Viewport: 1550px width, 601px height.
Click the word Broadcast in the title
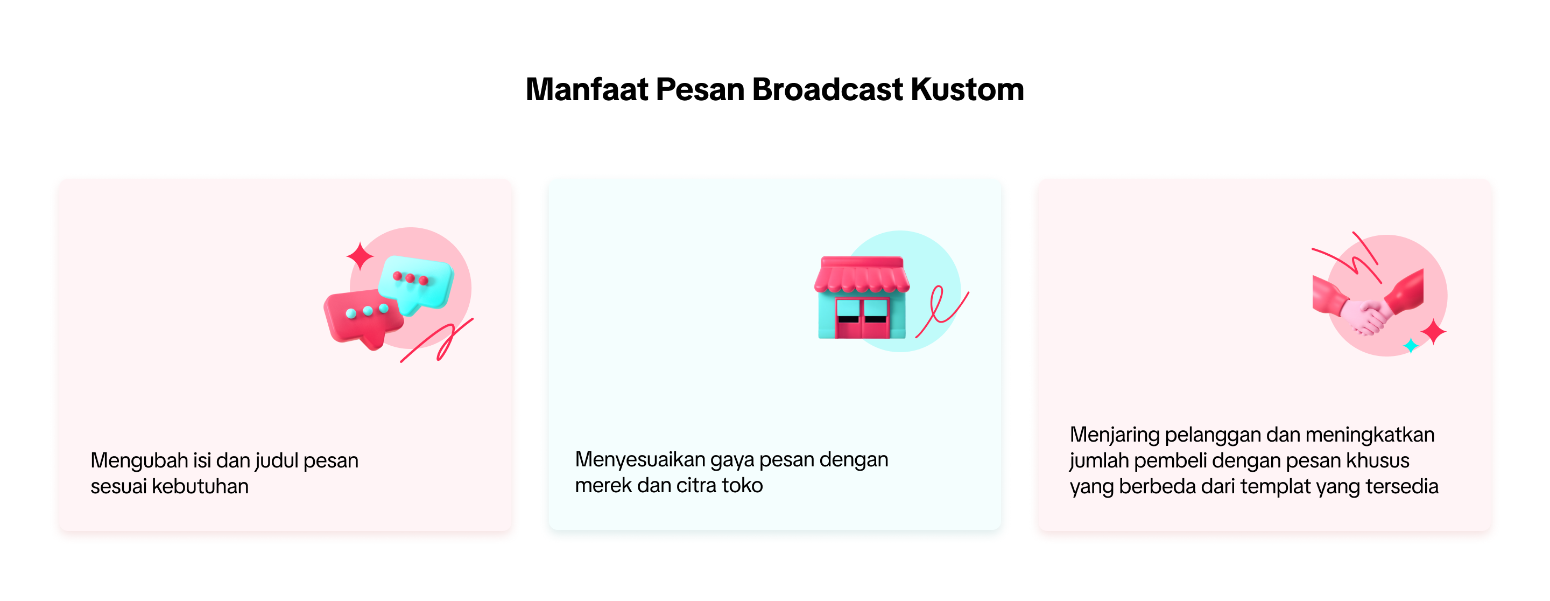coord(827,90)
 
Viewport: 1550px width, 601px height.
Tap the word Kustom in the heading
coord(967,90)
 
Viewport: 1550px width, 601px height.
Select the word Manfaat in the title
coord(587,90)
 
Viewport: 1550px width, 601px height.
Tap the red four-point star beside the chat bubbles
coord(360,256)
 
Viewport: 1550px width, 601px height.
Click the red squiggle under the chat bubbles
coord(438,341)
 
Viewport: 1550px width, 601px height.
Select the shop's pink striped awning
coord(862,275)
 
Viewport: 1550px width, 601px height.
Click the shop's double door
coord(862,317)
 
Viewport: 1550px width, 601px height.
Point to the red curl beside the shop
coord(942,311)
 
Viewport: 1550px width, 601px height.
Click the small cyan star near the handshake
coord(1411,346)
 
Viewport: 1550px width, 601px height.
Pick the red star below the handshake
coord(1433,332)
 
